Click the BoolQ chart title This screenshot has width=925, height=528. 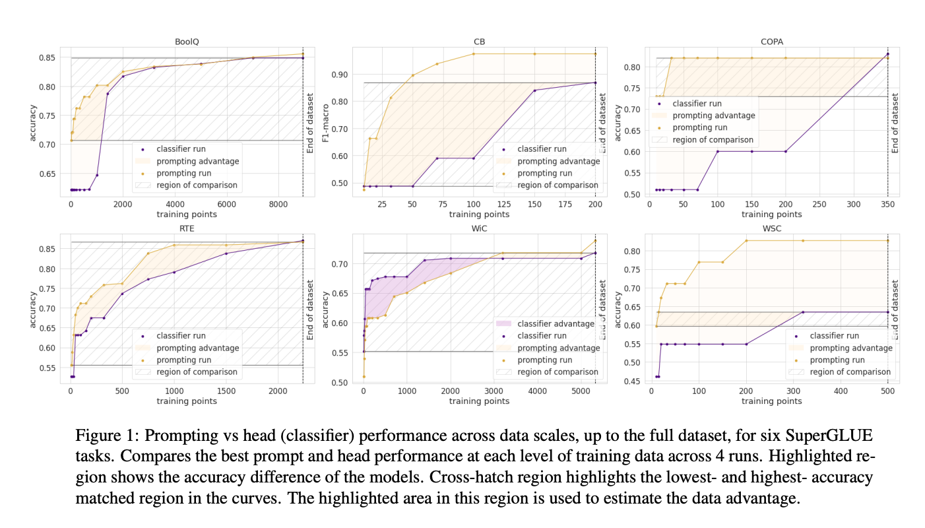(187, 41)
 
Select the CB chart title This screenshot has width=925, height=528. (479, 41)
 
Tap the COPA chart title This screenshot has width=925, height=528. (772, 41)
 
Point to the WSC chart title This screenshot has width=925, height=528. (772, 228)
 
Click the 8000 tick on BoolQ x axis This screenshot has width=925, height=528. (278, 204)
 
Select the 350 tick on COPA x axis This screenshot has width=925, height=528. (888, 204)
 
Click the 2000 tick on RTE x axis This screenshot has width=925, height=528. (278, 391)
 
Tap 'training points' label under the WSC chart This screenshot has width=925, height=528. (772, 401)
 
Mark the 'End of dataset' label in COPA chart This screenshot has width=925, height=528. (895, 123)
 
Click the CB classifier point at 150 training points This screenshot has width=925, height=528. (534, 90)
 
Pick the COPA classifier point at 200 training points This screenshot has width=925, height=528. (786, 151)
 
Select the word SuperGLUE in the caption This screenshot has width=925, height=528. (833, 436)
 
